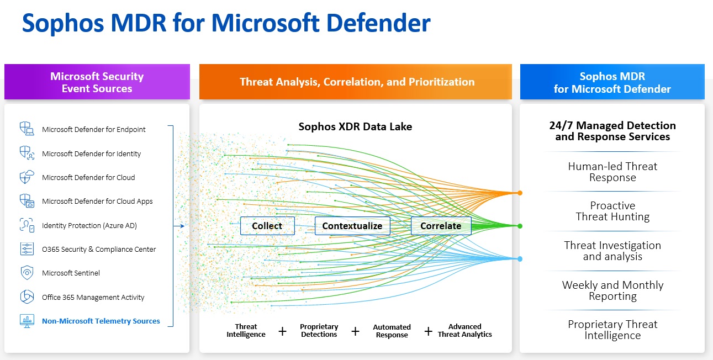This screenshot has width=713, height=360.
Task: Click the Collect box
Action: (267, 226)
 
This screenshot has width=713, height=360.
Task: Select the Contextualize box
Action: (352, 226)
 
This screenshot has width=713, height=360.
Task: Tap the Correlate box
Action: (441, 226)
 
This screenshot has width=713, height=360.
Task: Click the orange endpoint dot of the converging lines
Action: (520, 193)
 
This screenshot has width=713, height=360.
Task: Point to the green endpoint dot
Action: (520, 226)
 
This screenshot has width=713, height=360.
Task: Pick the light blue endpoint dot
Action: (520, 258)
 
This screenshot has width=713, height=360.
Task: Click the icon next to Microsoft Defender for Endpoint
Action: (27, 129)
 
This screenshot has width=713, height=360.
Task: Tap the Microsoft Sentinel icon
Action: (27, 273)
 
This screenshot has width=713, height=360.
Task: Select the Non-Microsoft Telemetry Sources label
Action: (101, 321)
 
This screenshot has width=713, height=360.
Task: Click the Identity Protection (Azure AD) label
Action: (89, 225)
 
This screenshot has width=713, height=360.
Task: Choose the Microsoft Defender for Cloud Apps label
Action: (97, 202)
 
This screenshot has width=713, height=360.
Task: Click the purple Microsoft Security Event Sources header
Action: (97, 82)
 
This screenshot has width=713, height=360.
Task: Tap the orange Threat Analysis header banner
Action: (357, 82)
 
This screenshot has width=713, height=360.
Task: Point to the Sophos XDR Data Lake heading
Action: (355, 126)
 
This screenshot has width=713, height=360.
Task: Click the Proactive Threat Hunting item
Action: (612, 211)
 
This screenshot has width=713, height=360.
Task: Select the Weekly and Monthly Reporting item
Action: (612, 290)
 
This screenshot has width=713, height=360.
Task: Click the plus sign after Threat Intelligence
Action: (282, 331)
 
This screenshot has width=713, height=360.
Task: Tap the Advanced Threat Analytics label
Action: (464, 330)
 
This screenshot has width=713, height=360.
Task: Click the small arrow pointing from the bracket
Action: (179, 226)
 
